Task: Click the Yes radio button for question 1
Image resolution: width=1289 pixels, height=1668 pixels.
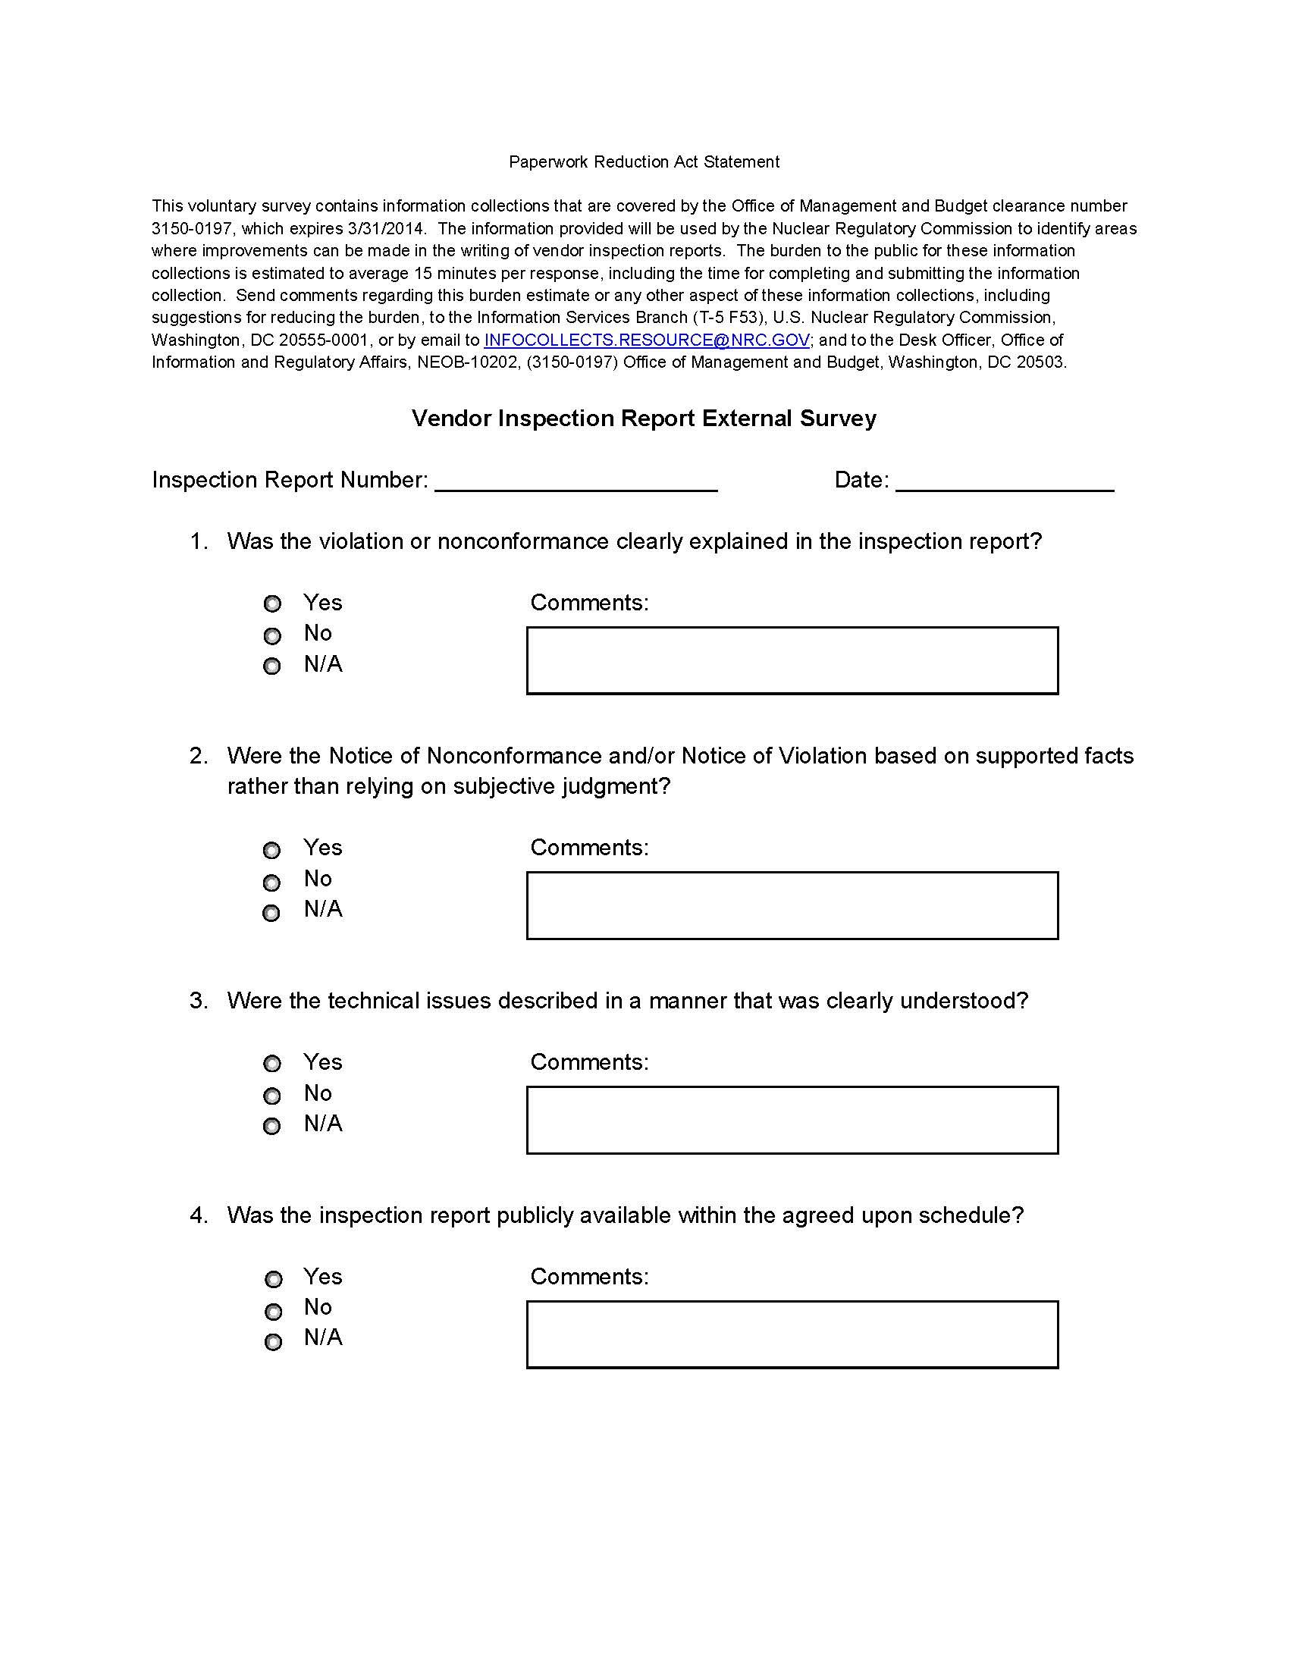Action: pyautogui.click(x=273, y=604)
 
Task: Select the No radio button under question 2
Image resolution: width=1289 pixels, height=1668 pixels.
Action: pyautogui.click(x=272, y=883)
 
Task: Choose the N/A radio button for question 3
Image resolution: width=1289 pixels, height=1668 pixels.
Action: pyautogui.click(x=272, y=1127)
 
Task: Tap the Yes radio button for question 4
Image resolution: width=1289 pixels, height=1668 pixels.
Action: pyautogui.click(x=274, y=1279)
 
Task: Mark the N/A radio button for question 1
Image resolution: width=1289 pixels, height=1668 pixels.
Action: pyautogui.click(x=272, y=666)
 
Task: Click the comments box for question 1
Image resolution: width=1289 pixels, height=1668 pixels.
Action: pyautogui.click(x=792, y=660)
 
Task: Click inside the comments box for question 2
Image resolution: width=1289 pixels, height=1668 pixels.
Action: pyautogui.click(x=792, y=906)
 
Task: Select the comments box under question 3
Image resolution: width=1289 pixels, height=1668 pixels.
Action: pyautogui.click(x=792, y=1121)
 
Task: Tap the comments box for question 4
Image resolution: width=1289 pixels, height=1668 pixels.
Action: pyautogui.click(x=792, y=1335)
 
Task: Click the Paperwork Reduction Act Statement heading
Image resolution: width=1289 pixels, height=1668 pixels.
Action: pyautogui.click(x=644, y=162)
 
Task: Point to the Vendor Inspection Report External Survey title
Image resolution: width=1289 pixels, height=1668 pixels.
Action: pyautogui.click(x=644, y=419)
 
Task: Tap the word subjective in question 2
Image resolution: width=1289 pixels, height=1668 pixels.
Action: pyautogui.click(x=504, y=787)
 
